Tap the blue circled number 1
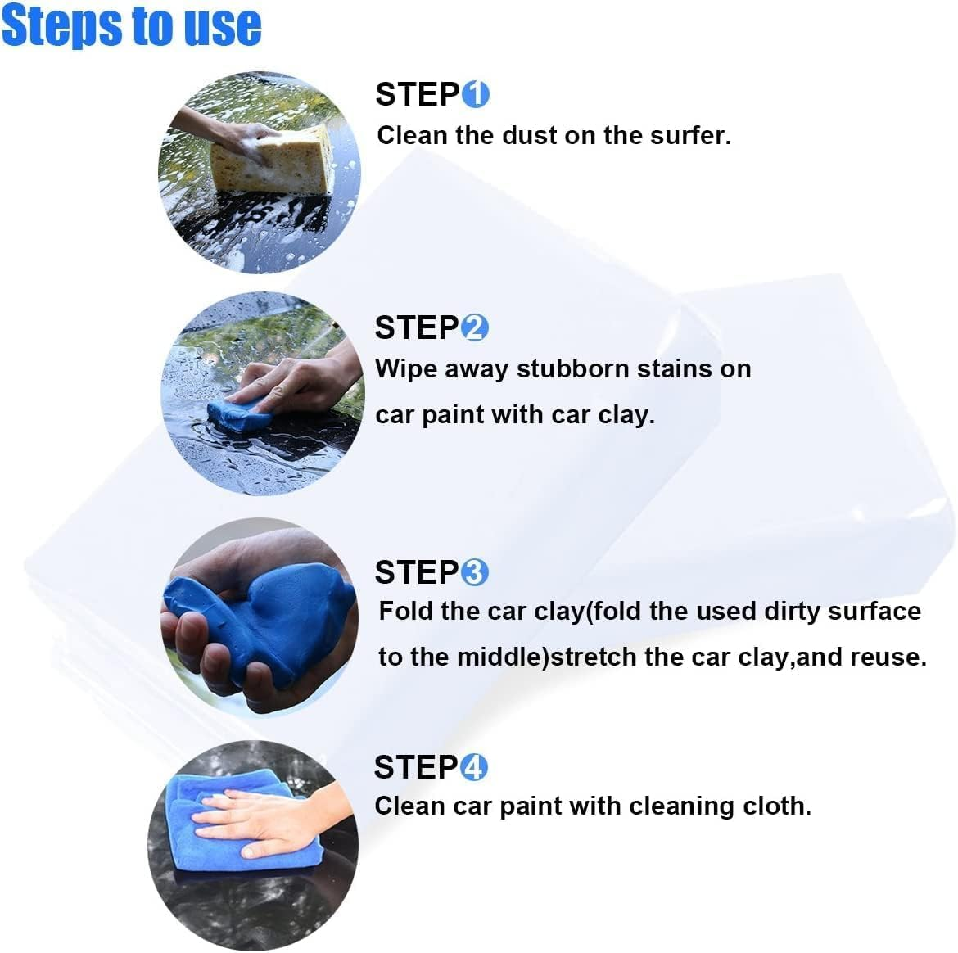[x=476, y=95]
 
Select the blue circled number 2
[x=475, y=328]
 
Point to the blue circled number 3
[x=475, y=572]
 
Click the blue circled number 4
[x=474, y=768]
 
